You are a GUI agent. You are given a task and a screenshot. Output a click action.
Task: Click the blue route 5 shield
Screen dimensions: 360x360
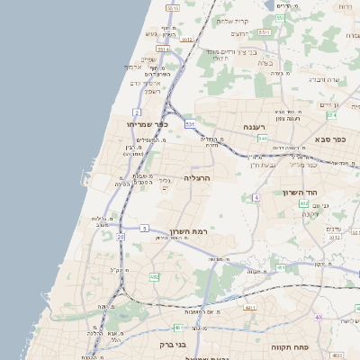[x=144, y=228]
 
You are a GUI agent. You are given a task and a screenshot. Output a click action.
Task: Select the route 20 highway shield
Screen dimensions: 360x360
[x=120, y=237]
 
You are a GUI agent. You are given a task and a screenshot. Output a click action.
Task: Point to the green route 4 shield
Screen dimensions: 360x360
[x=256, y=196]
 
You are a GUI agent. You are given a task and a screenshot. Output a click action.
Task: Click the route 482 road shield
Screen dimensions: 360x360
[x=155, y=277]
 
